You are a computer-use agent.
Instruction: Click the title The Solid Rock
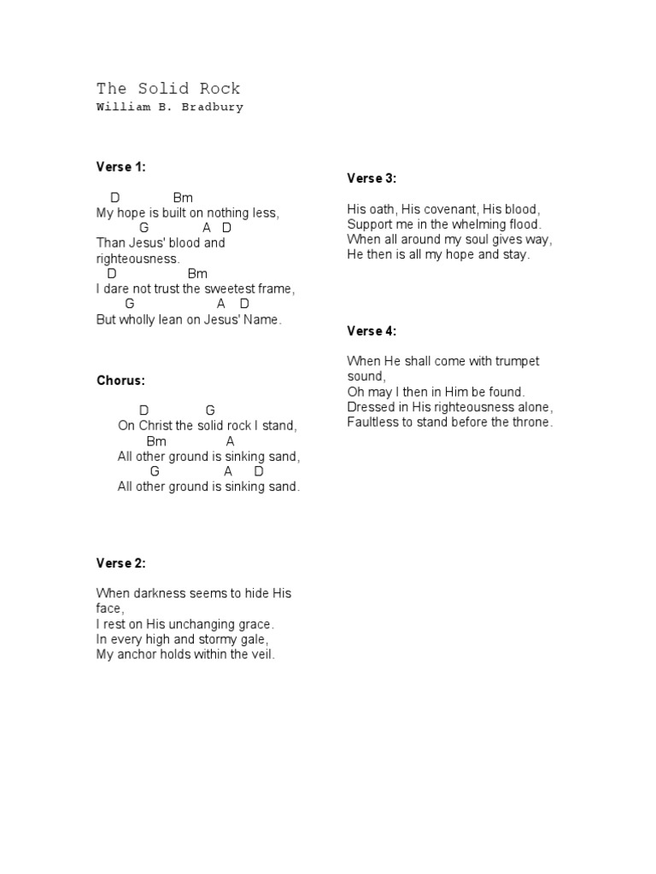tap(168, 89)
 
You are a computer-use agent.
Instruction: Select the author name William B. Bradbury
tap(170, 108)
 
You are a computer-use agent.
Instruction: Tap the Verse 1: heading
tap(121, 167)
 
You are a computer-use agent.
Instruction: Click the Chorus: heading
tap(121, 381)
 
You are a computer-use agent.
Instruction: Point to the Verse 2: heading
tap(121, 563)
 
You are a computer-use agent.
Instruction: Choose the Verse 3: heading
tap(372, 178)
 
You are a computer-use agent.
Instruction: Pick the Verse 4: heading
tap(372, 331)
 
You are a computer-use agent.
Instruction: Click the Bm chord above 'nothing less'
tap(183, 198)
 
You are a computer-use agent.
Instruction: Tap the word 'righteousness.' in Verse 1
tap(138, 258)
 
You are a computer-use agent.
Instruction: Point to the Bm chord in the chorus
tap(156, 441)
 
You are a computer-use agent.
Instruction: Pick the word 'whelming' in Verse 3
tap(476, 224)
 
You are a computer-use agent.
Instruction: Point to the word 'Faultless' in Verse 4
tap(372, 422)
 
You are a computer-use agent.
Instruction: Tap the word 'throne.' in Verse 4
tap(532, 422)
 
